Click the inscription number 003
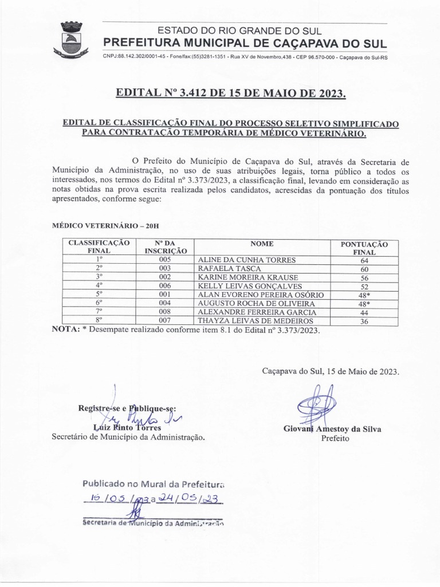coord(166,268)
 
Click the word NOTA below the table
coord(66,331)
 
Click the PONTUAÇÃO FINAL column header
coord(364,248)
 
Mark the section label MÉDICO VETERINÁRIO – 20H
coord(105,227)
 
